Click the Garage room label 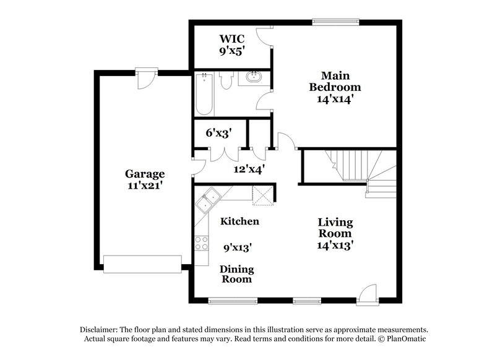pos(145,174)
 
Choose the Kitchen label pos(239,221)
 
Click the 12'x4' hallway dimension pos(249,168)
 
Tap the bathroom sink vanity pos(253,79)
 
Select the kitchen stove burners pos(202,243)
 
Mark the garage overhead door pos(142,264)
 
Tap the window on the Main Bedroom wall pos(335,22)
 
